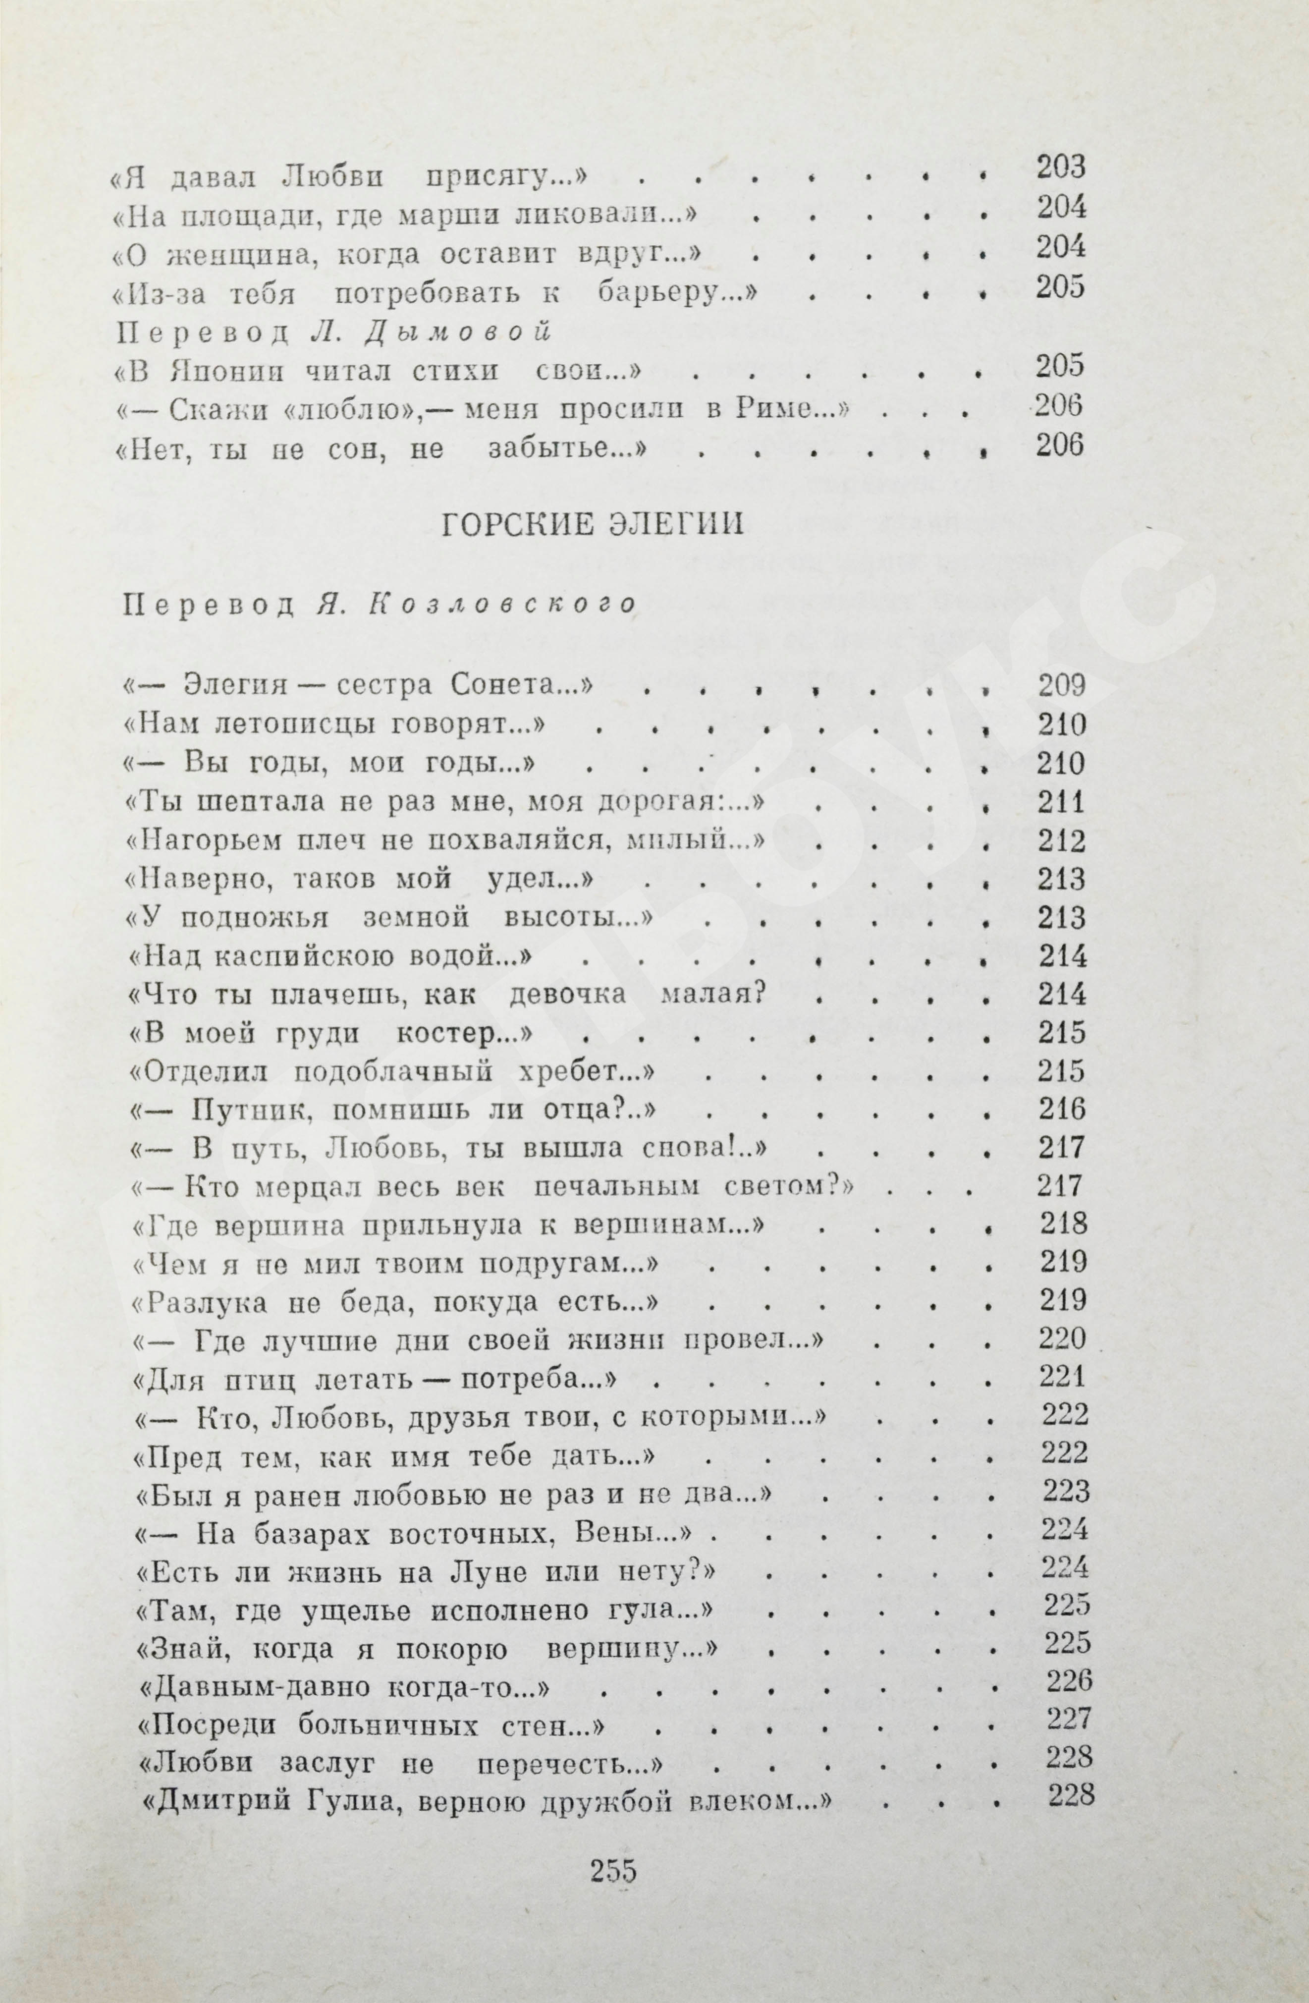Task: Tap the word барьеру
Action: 670,293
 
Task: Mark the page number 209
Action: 1062,687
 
